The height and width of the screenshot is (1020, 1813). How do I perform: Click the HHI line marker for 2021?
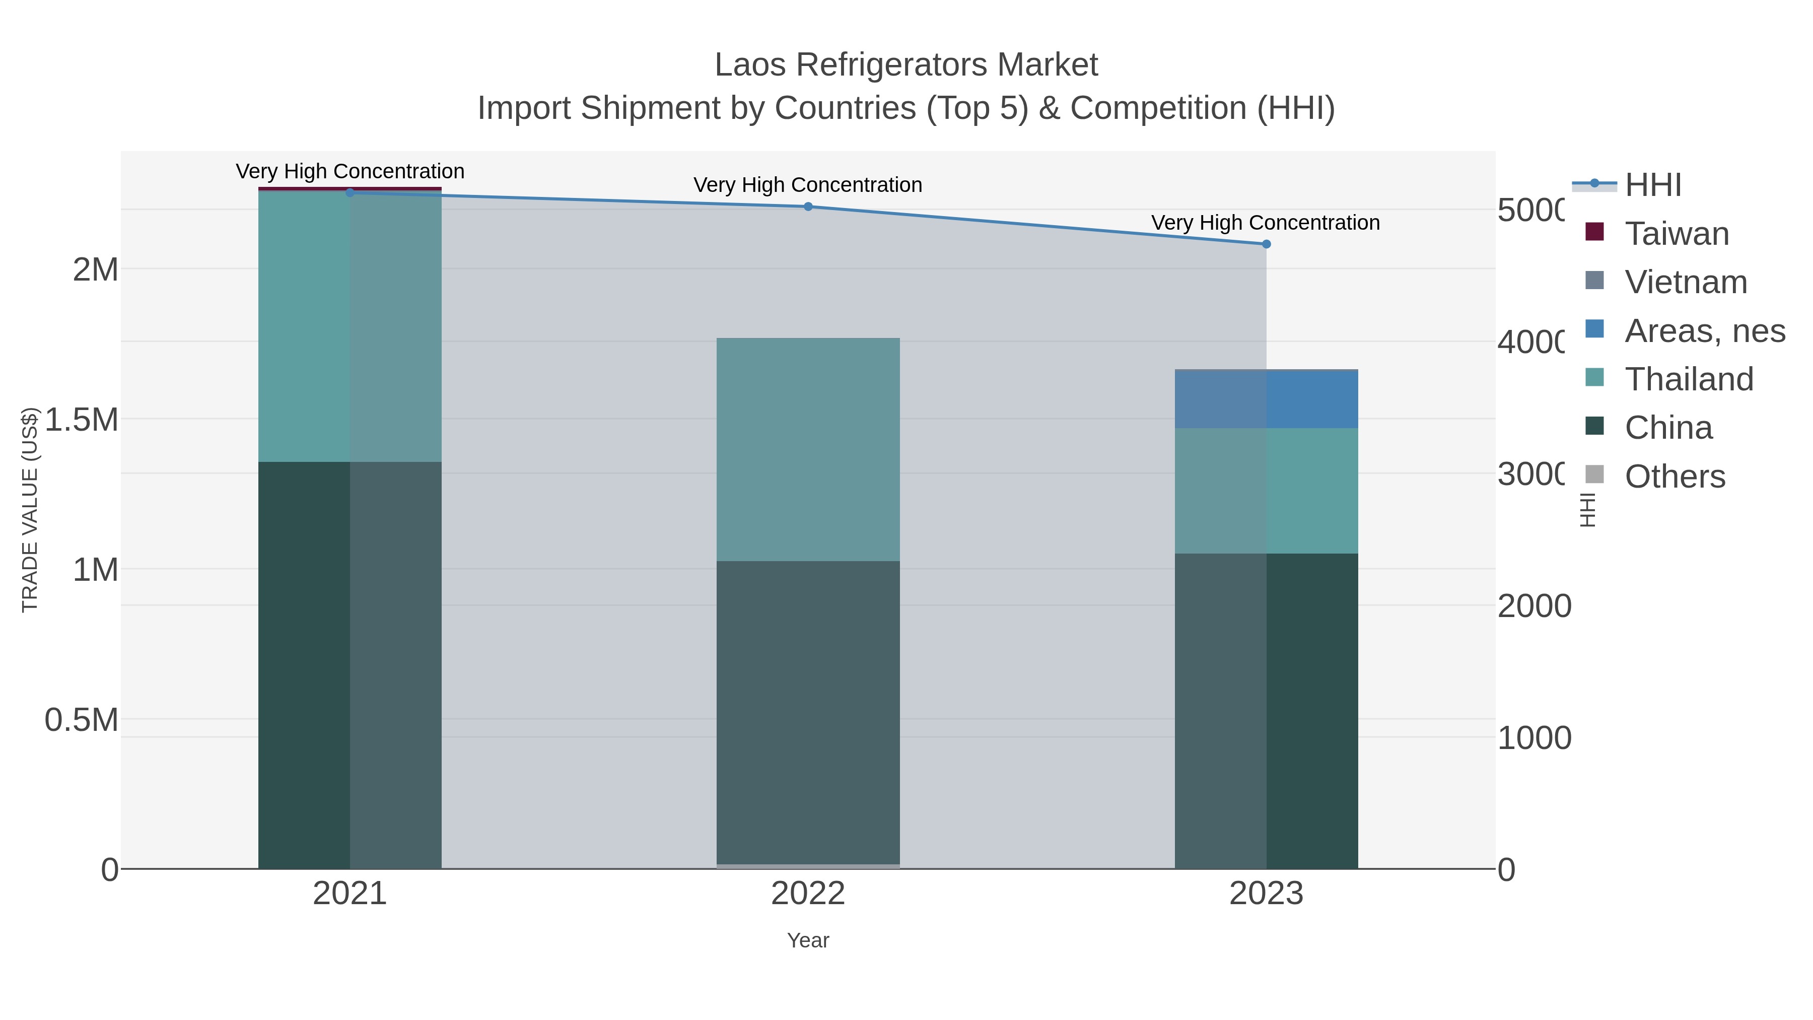coord(350,192)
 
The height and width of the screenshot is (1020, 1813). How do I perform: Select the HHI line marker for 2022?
coord(808,206)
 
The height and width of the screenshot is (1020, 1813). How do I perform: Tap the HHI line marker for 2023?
coord(1266,244)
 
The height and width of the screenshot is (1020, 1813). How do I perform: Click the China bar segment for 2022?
coord(808,711)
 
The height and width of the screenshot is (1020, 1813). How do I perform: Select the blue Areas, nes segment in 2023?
coord(1266,399)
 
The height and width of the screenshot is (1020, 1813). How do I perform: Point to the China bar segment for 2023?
coord(1266,711)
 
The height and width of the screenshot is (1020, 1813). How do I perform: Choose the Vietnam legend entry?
coord(1686,282)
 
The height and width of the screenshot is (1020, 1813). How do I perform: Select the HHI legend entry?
coord(1652,184)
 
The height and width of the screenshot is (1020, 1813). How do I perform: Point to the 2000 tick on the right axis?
coord(1533,606)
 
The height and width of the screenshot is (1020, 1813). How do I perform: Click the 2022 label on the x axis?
coord(808,893)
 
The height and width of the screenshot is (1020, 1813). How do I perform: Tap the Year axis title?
coord(808,940)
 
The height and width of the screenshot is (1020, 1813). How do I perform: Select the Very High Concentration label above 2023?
coord(1265,223)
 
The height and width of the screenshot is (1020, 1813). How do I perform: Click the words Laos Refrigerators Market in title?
coord(906,65)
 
